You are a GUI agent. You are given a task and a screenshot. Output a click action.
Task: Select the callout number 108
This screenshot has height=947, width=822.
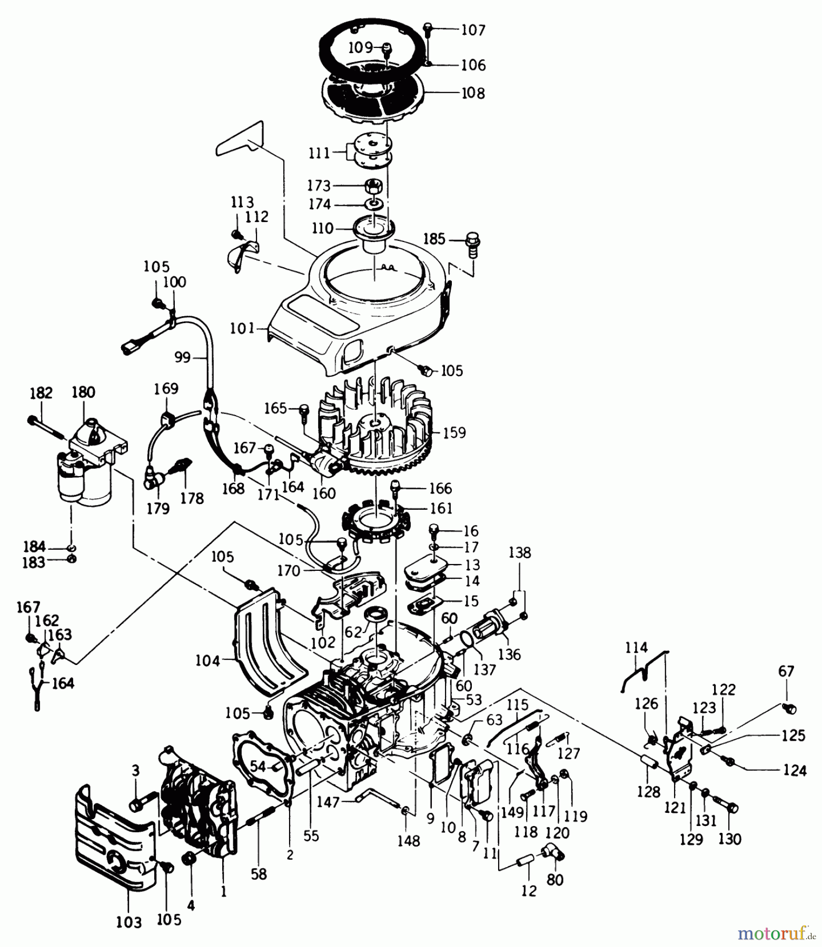click(472, 93)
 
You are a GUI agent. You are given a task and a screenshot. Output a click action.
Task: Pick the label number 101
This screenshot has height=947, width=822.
click(243, 329)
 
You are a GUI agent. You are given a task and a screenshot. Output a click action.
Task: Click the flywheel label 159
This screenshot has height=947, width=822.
click(454, 432)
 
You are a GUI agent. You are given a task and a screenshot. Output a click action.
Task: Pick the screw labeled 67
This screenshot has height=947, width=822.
click(788, 708)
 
